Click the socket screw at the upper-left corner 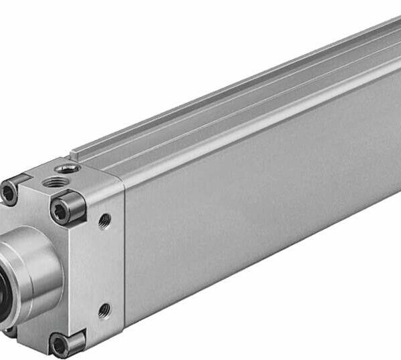[9, 193]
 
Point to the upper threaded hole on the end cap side [104, 220]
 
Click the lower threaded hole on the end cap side [104, 310]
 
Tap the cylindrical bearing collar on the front [33, 267]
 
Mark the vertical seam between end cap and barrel [123, 254]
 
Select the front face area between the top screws [37, 200]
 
